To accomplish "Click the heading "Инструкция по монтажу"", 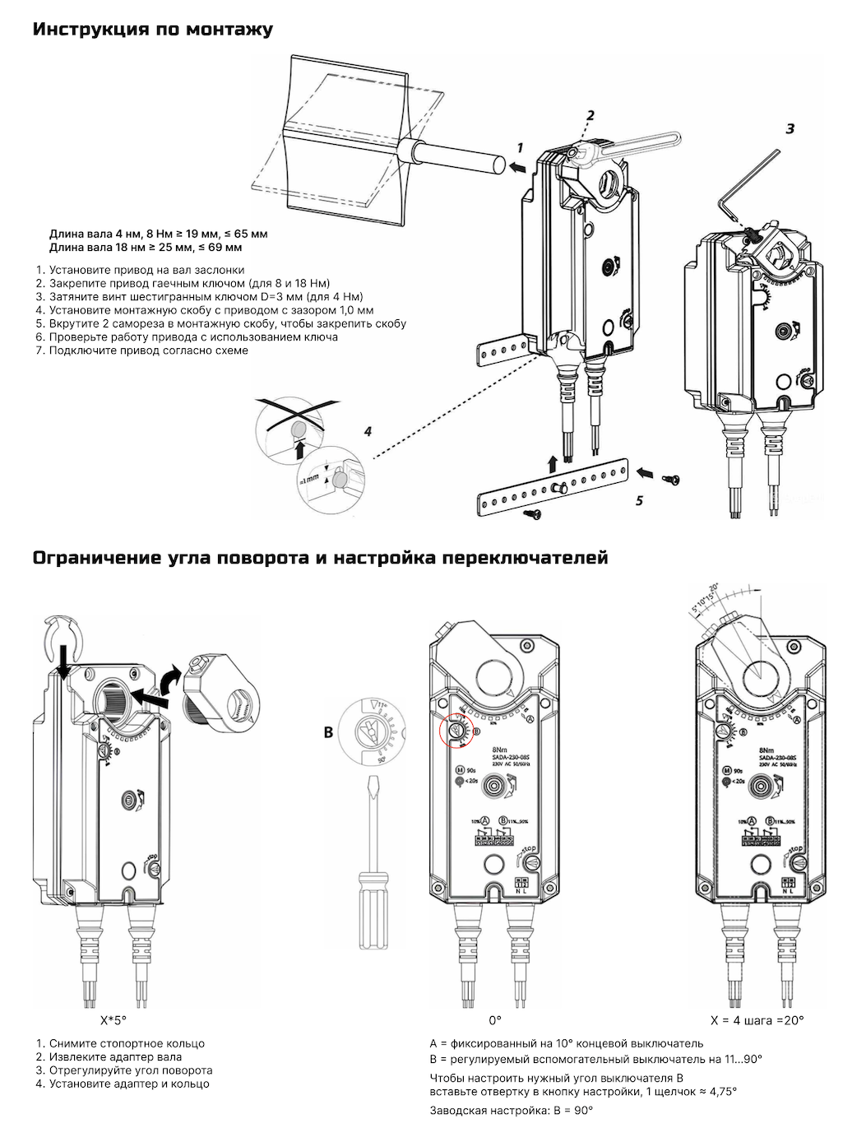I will [152, 30].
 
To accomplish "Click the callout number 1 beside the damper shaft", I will [520, 147].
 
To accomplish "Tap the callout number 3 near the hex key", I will [790, 129].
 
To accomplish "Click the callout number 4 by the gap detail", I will [368, 431].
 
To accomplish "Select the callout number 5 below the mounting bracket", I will [639, 499].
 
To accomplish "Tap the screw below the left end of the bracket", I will [531, 513].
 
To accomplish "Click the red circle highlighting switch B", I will [454, 730].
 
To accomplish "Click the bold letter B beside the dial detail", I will [328, 731].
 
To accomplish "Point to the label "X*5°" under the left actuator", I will [112, 1020].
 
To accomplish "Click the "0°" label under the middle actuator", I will [494, 1020].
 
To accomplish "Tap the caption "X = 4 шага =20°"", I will [757, 1020].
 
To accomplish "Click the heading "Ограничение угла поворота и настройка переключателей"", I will [320, 558].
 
